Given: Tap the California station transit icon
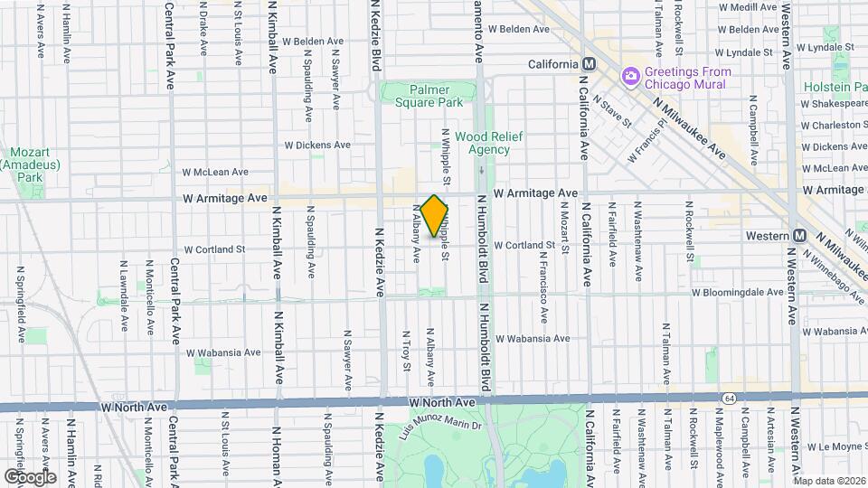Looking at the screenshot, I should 589,64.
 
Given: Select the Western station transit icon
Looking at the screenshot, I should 799,235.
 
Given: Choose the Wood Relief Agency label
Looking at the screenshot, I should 482,143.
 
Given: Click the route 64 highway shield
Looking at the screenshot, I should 729,398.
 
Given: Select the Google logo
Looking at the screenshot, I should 30,476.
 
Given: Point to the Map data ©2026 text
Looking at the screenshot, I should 829,481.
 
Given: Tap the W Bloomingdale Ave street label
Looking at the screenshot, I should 737,292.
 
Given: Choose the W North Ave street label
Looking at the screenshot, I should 442,401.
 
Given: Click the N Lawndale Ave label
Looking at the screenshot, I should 123,286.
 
